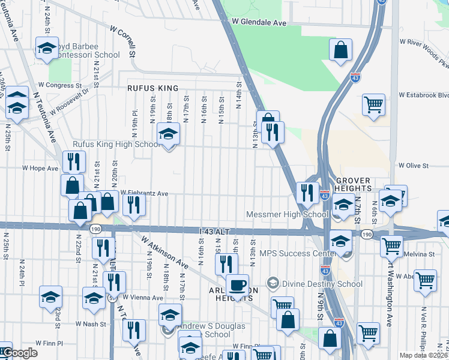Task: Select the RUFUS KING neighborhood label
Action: pyautogui.click(x=152, y=88)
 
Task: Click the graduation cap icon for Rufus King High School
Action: pyautogui.click(x=169, y=135)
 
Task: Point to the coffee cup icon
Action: pyautogui.click(x=237, y=286)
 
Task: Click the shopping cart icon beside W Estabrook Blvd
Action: pyautogui.click(x=373, y=106)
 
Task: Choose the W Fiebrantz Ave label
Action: pyautogui.click(x=144, y=193)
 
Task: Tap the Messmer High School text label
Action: pyautogui.click(x=287, y=214)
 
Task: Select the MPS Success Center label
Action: pyautogui.click(x=292, y=254)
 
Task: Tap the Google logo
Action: pyautogui.click(x=20, y=352)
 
